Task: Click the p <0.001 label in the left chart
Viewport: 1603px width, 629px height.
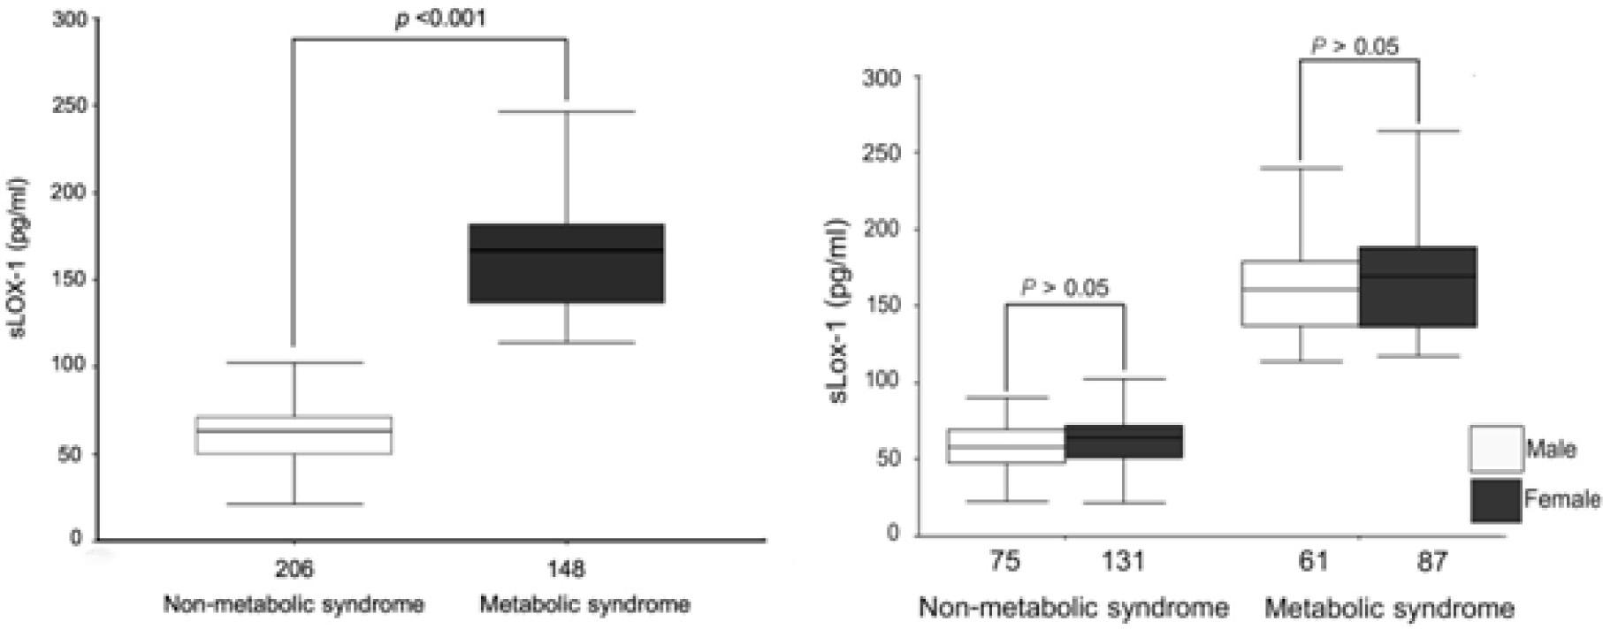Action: (440, 19)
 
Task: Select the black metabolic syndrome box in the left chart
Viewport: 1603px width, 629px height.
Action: (567, 263)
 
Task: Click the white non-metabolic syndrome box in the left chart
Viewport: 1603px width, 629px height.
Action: (294, 435)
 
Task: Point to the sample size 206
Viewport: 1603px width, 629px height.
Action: (294, 569)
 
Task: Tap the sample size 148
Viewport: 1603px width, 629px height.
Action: (566, 569)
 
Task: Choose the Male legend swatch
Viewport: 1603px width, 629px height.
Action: (1495, 449)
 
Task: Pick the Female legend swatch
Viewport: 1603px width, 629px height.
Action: (1495, 500)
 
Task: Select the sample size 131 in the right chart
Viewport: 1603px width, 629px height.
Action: (1124, 563)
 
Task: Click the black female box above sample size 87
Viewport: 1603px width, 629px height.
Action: (1417, 286)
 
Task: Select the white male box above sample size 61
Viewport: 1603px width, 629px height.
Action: (1300, 293)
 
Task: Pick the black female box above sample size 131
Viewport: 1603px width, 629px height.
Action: (1124, 442)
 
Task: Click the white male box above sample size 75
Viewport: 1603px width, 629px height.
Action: (1006, 445)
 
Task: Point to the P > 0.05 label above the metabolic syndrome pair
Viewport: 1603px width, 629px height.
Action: (1355, 46)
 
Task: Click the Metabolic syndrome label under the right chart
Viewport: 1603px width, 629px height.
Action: (1389, 608)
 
